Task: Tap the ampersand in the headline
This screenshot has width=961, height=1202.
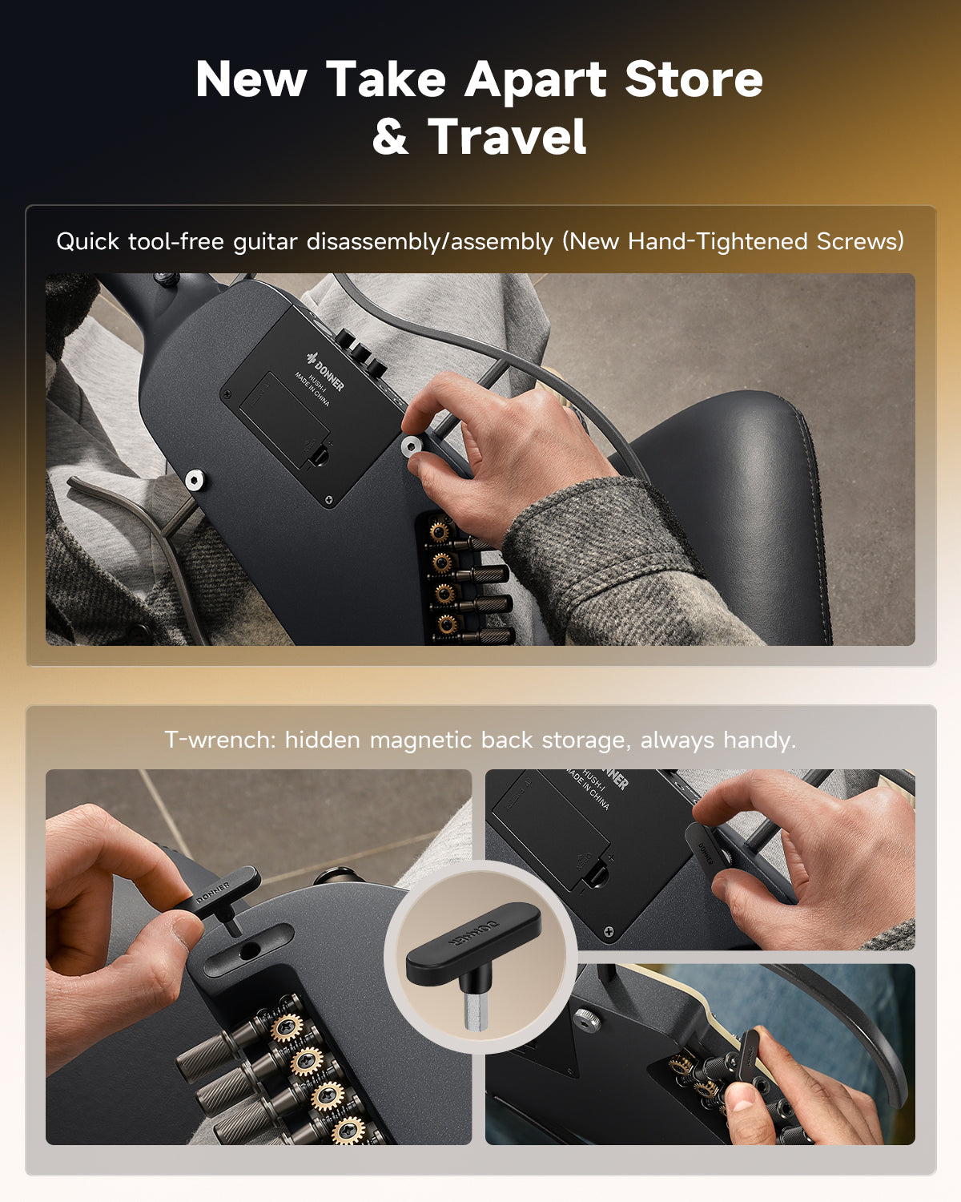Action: click(x=390, y=136)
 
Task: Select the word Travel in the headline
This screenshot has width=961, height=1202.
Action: click(x=506, y=136)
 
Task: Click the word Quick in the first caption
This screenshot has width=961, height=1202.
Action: click(x=87, y=242)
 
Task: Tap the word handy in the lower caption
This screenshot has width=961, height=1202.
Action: click(x=759, y=740)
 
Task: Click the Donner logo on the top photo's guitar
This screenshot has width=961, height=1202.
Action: click(x=325, y=371)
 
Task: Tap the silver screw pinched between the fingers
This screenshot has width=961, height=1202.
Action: click(x=412, y=446)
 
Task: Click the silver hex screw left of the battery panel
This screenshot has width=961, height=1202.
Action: click(x=195, y=480)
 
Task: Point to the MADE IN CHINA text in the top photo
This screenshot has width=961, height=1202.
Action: click(x=312, y=389)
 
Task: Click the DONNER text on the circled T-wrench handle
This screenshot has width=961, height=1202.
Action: click(x=473, y=930)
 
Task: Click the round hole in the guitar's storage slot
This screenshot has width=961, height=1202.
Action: click(x=249, y=950)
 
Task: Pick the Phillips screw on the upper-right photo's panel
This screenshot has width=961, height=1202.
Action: click(x=609, y=931)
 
